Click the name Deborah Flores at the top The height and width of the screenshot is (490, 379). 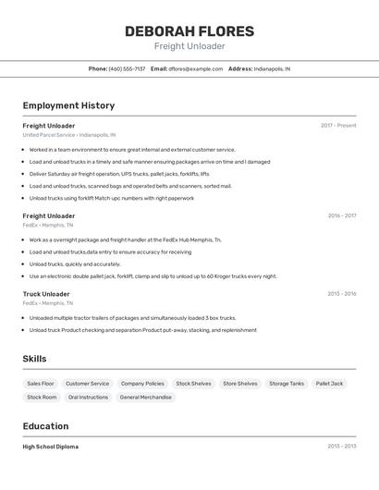point(189,31)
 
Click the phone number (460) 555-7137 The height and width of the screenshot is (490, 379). point(127,68)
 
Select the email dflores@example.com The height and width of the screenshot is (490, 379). point(197,68)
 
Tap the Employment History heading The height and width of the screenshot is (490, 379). point(68,105)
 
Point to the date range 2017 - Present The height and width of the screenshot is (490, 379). point(338,126)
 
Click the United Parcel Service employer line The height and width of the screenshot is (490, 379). point(69,135)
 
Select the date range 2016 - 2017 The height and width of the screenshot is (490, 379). point(341,215)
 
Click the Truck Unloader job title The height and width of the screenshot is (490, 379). point(46,294)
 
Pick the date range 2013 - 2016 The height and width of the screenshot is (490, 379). point(341,294)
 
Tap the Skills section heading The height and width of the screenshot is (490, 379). point(35,359)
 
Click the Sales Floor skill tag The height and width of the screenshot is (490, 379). point(41,384)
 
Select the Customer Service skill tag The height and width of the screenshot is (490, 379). point(87,384)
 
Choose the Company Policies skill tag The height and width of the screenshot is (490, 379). point(142,384)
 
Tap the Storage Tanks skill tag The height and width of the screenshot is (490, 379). point(287,384)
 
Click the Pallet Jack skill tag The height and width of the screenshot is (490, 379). point(329,384)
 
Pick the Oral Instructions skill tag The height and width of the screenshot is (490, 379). point(88,398)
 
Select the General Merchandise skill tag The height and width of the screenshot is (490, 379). point(146,398)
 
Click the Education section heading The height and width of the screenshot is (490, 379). point(46,426)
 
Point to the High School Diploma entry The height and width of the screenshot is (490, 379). point(51,447)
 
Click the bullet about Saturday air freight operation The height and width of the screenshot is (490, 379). point(118,174)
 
